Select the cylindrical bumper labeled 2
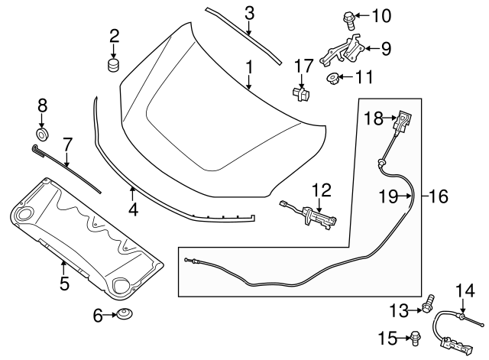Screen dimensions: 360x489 [x=115, y=64]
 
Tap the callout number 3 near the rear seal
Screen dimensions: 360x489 [x=249, y=12]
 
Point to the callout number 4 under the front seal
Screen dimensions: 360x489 [x=132, y=208]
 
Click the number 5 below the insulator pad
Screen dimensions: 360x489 [x=64, y=284]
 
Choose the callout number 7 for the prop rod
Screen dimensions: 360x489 [x=67, y=143]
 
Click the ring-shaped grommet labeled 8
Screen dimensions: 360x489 [x=43, y=135]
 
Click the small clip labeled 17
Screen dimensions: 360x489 [x=300, y=93]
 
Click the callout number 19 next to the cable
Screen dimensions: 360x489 [x=389, y=196]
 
